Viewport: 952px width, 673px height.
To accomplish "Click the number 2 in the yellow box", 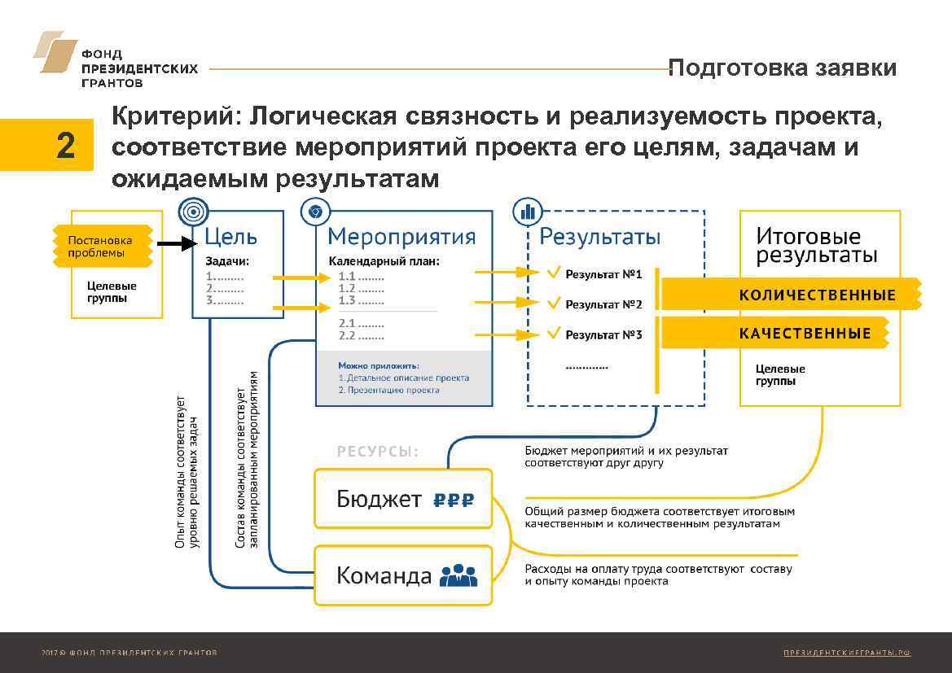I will [66, 146].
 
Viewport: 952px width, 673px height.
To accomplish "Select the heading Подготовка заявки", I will [782, 68].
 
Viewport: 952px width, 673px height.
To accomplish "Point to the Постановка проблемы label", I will [100, 246].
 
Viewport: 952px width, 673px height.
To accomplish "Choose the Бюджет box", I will [404, 499].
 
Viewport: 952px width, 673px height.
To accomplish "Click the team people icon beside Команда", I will [458, 576].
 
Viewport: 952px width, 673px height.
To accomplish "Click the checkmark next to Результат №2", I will [554, 304].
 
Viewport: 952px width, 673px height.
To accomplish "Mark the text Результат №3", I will [603, 335].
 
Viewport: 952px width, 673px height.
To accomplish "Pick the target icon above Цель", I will [193, 212].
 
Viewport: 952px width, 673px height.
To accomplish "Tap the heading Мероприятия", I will [401, 237].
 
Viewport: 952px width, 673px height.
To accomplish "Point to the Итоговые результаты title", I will [817, 246].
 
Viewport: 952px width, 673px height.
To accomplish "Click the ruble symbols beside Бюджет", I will [453, 500].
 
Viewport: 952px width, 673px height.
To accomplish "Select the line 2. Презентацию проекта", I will [388, 391].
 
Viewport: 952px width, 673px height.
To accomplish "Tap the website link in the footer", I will [846, 653].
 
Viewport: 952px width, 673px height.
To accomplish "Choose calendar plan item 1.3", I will [361, 300].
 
